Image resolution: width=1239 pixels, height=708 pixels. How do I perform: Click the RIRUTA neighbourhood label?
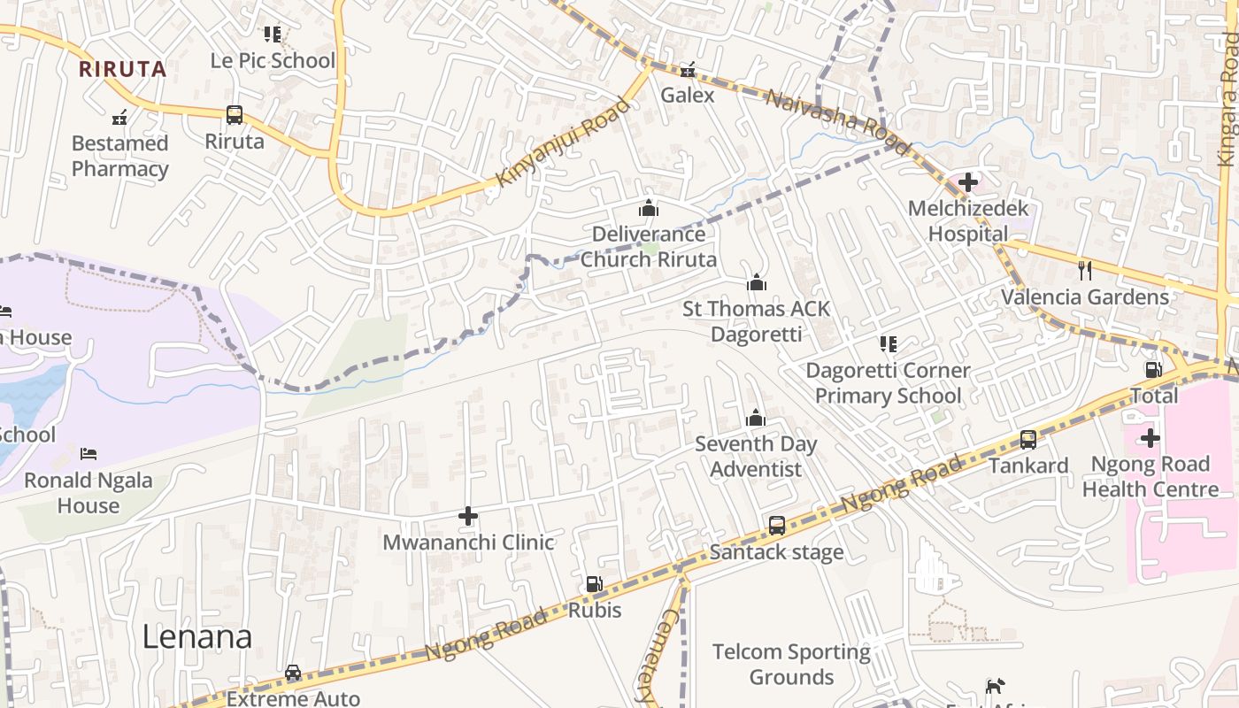coord(122,69)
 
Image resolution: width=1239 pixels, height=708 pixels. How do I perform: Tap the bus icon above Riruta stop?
coord(235,115)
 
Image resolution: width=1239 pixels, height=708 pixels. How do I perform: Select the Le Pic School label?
coord(273,60)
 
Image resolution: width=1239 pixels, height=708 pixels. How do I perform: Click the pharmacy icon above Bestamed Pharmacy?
coord(119,117)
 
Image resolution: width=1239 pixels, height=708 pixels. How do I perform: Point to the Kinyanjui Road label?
coord(563,142)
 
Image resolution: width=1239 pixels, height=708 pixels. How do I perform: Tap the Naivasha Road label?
coord(836,122)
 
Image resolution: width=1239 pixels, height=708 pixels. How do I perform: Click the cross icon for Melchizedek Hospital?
coord(968,183)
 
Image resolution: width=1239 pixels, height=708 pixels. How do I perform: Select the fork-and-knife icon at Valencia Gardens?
coord(1085,271)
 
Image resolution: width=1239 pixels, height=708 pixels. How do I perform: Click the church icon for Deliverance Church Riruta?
coord(649,209)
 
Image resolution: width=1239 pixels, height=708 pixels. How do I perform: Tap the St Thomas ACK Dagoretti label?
coord(757,321)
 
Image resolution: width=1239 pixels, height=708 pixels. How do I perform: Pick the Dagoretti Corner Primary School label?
coord(888,382)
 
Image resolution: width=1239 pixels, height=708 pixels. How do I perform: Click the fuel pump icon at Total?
coord(1154,370)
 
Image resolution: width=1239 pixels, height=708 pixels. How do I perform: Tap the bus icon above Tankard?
coord(1028,439)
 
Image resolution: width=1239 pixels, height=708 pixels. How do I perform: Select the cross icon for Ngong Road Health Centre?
coord(1150,438)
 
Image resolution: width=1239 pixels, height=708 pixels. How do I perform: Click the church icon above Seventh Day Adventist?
coord(756,418)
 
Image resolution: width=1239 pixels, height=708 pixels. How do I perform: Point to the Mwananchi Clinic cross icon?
coord(468,516)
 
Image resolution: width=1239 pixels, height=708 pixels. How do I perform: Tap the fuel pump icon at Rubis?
coord(595,584)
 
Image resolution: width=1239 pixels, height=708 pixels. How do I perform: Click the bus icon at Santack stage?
coord(777,526)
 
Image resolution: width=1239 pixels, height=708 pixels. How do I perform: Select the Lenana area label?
coord(197,636)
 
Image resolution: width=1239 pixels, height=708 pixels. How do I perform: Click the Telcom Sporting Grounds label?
coord(791,665)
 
